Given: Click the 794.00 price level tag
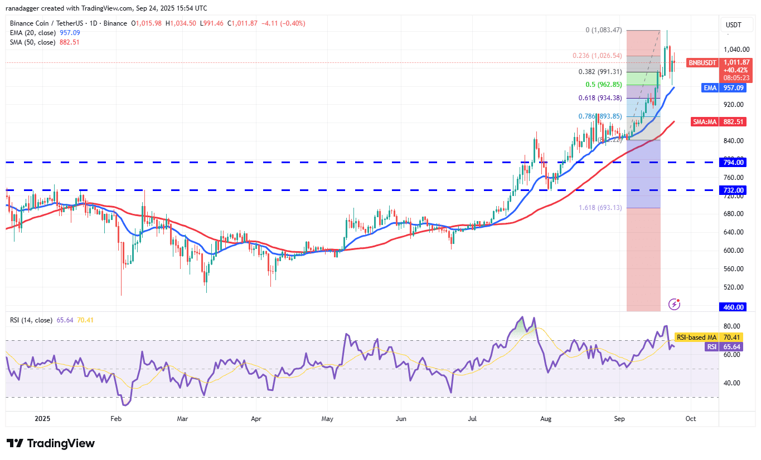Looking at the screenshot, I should (x=734, y=163).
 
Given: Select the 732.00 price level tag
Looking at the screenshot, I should (x=734, y=190).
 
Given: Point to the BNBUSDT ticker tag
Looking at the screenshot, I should (x=701, y=63).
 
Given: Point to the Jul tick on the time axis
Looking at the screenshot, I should (x=472, y=418).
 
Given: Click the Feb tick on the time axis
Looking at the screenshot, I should (x=115, y=418).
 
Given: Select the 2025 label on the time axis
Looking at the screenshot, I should (x=42, y=418).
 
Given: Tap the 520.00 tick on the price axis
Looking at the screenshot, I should (x=734, y=287).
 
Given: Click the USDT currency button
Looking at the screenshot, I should (x=733, y=25).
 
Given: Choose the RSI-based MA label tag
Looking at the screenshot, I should (x=696, y=337).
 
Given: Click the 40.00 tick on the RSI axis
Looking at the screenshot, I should (x=732, y=383).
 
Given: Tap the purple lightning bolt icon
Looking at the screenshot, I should (x=675, y=304).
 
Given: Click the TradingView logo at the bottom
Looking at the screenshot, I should (x=51, y=443).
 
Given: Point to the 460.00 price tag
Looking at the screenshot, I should (x=734, y=307).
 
